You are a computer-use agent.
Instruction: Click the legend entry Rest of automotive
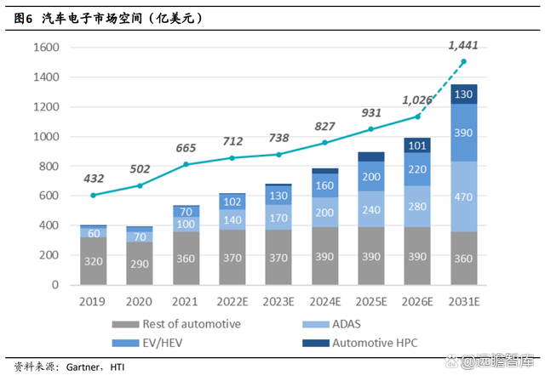192,323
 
